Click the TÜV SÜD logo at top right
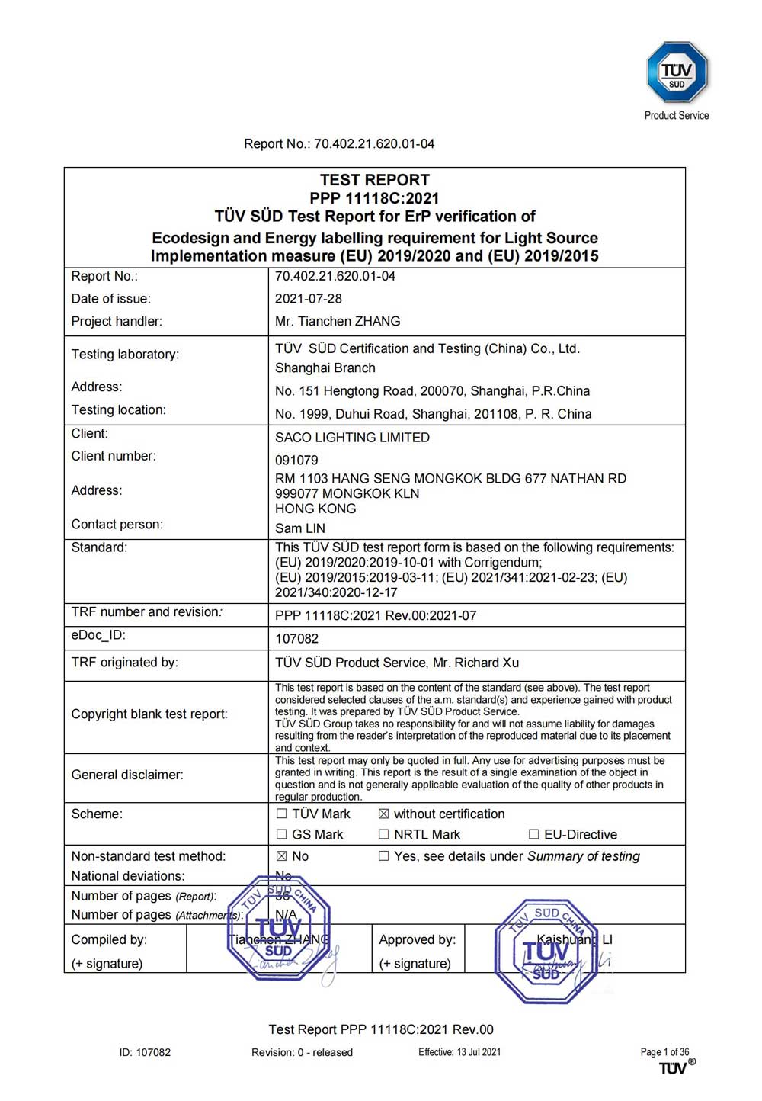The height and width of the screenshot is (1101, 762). pyautogui.click(x=677, y=72)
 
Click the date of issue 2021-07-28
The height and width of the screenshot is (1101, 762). pyautogui.click(x=309, y=299)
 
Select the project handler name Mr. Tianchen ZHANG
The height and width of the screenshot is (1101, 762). pyautogui.click(x=338, y=322)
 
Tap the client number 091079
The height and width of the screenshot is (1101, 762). pyautogui.click(x=296, y=461)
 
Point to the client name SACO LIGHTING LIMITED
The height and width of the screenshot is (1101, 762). pyautogui.click(x=352, y=438)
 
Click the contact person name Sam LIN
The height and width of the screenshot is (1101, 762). pyautogui.click(x=299, y=528)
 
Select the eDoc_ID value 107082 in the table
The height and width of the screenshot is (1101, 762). pyautogui.click(x=296, y=639)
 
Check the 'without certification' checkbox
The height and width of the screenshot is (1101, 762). pyautogui.click(x=384, y=814)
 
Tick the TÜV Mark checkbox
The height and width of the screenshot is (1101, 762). pyautogui.click(x=282, y=814)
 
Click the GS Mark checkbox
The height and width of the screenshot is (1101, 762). pyautogui.click(x=282, y=835)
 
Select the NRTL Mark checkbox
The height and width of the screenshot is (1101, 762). pyautogui.click(x=384, y=835)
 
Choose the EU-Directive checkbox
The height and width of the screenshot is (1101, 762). pyautogui.click(x=534, y=835)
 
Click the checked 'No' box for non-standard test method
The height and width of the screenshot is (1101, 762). pyautogui.click(x=282, y=857)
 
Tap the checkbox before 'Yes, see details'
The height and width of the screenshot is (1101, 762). pyautogui.click(x=384, y=857)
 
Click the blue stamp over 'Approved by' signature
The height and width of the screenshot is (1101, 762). pyautogui.click(x=546, y=952)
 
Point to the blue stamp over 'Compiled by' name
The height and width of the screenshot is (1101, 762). pyautogui.click(x=279, y=928)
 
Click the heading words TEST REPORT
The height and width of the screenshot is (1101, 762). pyautogui.click(x=374, y=181)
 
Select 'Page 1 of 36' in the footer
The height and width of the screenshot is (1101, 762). pyautogui.click(x=664, y=1052)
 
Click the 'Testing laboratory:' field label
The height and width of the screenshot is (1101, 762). pyautogui.click(x=125, y=355)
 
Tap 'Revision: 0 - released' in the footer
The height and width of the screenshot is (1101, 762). pyautogui.click(x=302, y=1053)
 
